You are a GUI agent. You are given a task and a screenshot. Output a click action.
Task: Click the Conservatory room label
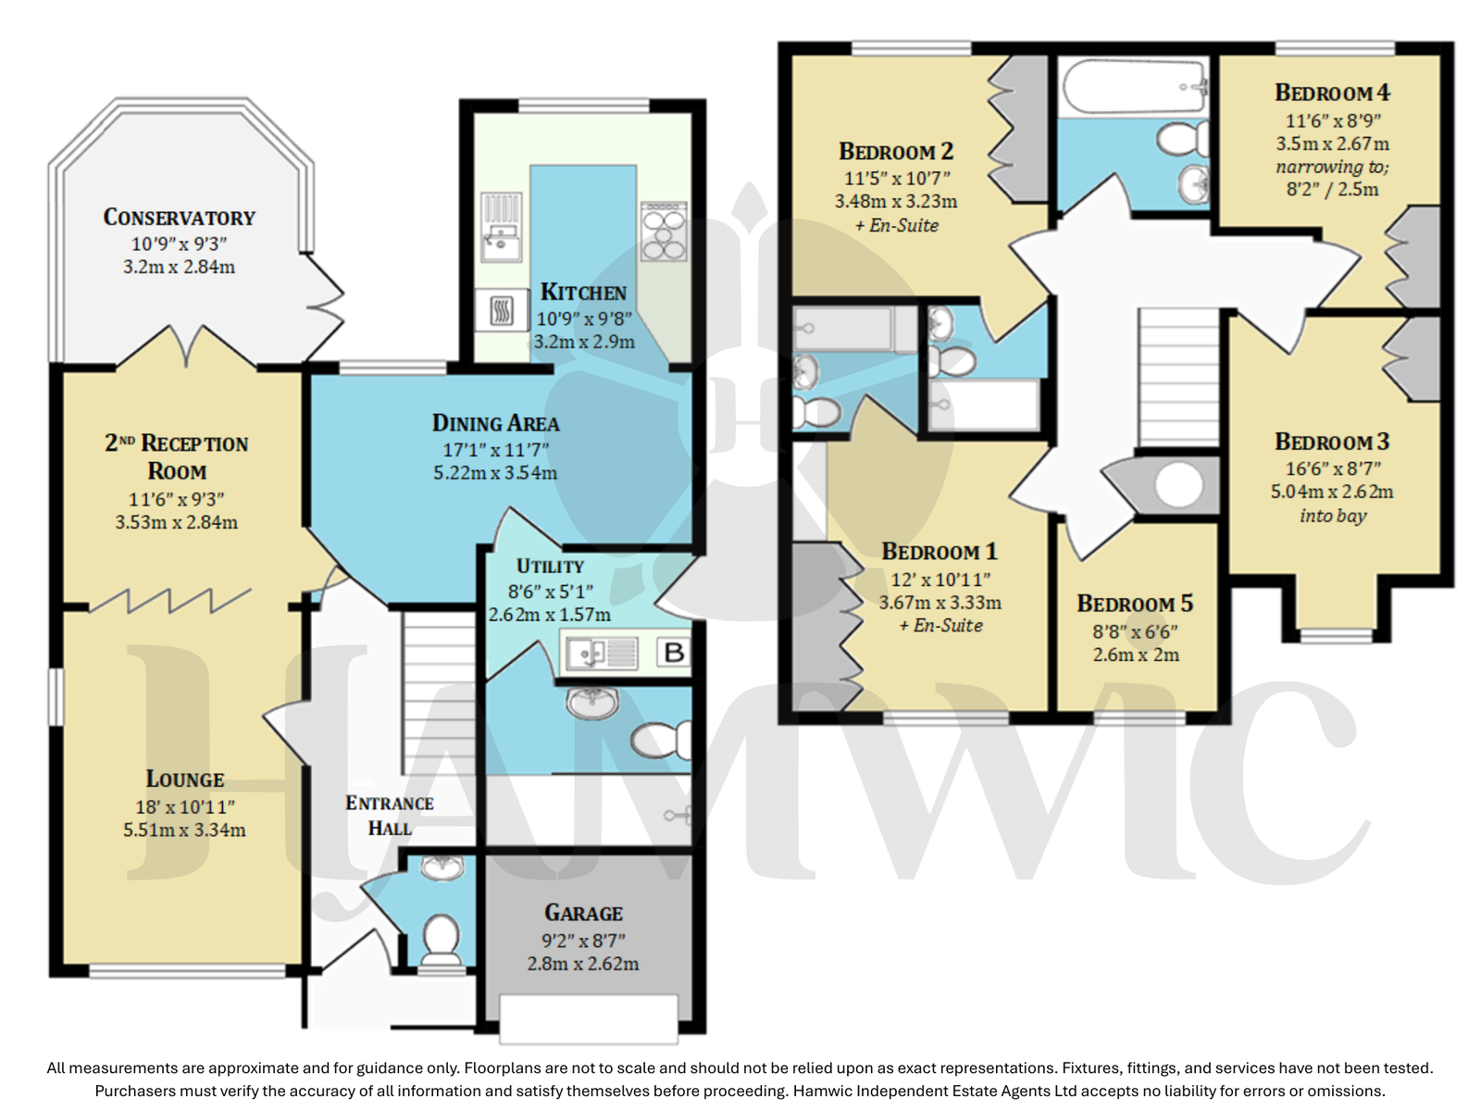(x=179, y=218)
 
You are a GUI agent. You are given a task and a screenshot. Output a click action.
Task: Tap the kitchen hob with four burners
(x=664, y=231)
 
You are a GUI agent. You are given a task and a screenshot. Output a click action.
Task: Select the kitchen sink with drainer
(x=502, y=227)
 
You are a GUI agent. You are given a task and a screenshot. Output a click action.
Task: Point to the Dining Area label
(x=495, y=423)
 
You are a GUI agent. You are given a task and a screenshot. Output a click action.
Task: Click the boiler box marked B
(x=673, y=653)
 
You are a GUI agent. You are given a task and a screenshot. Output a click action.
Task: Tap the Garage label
(x=583, y=913)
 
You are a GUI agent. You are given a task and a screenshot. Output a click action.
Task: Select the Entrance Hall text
(x=390, y=816)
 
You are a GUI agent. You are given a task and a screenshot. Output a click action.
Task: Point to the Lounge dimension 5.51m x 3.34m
(x=184, y=830)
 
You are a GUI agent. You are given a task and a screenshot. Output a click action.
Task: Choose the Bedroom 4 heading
(x=1332, y=93)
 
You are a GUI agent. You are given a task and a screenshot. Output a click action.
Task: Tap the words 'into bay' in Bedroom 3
(x=1333, y=516)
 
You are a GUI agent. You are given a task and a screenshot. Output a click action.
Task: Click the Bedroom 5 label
(x=1135, y=603)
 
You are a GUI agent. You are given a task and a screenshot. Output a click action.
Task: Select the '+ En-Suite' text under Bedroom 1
(x=940, y=625)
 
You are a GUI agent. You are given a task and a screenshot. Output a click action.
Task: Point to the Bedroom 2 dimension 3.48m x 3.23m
(x=896, y=201)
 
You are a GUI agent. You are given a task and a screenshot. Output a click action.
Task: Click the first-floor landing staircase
(x=1178, y=377)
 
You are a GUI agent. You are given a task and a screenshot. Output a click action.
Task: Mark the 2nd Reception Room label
(x=177, y=456)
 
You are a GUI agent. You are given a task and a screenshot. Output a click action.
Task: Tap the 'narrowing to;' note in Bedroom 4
(x=1332, y=167)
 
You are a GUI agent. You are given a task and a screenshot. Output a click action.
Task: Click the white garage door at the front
(x=589, y=1018)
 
